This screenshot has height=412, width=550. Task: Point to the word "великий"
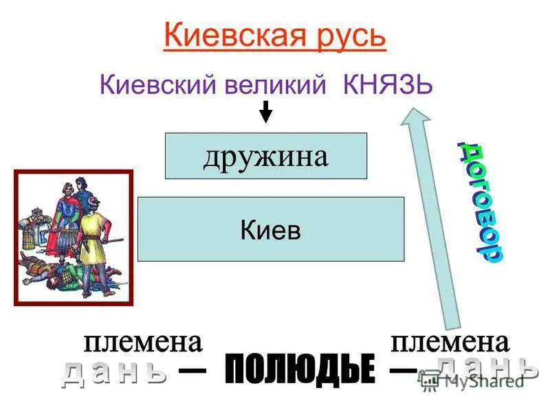(274, 87)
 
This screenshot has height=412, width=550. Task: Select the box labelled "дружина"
(265, 157)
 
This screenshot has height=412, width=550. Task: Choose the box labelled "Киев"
(271, 229)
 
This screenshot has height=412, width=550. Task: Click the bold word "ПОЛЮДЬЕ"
(300, 371)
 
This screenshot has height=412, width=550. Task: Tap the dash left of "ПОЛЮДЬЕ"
(192, 371)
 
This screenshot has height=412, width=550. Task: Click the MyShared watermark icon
(431, 382)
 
